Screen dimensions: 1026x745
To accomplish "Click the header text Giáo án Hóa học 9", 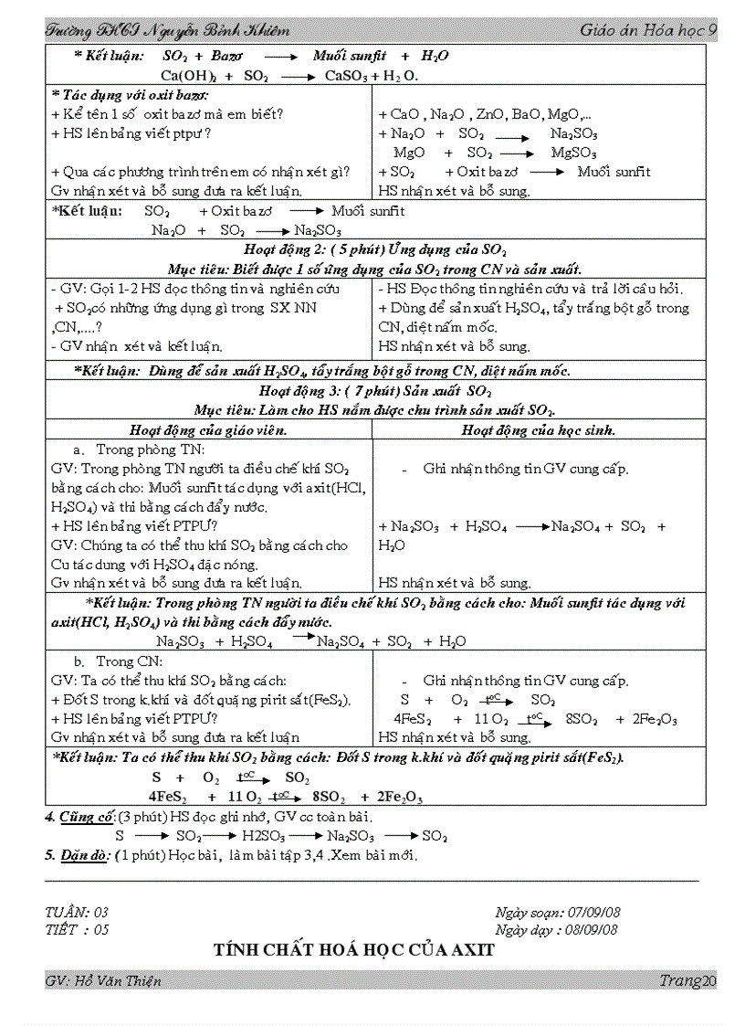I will pos(648,30).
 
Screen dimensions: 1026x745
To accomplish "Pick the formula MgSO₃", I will pos(573,153).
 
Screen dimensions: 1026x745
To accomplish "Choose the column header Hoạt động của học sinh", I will pos(538,429).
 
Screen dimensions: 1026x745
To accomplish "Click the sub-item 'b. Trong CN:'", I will pos(119,661).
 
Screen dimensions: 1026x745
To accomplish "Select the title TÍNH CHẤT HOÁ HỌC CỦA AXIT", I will pos(354,949).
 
